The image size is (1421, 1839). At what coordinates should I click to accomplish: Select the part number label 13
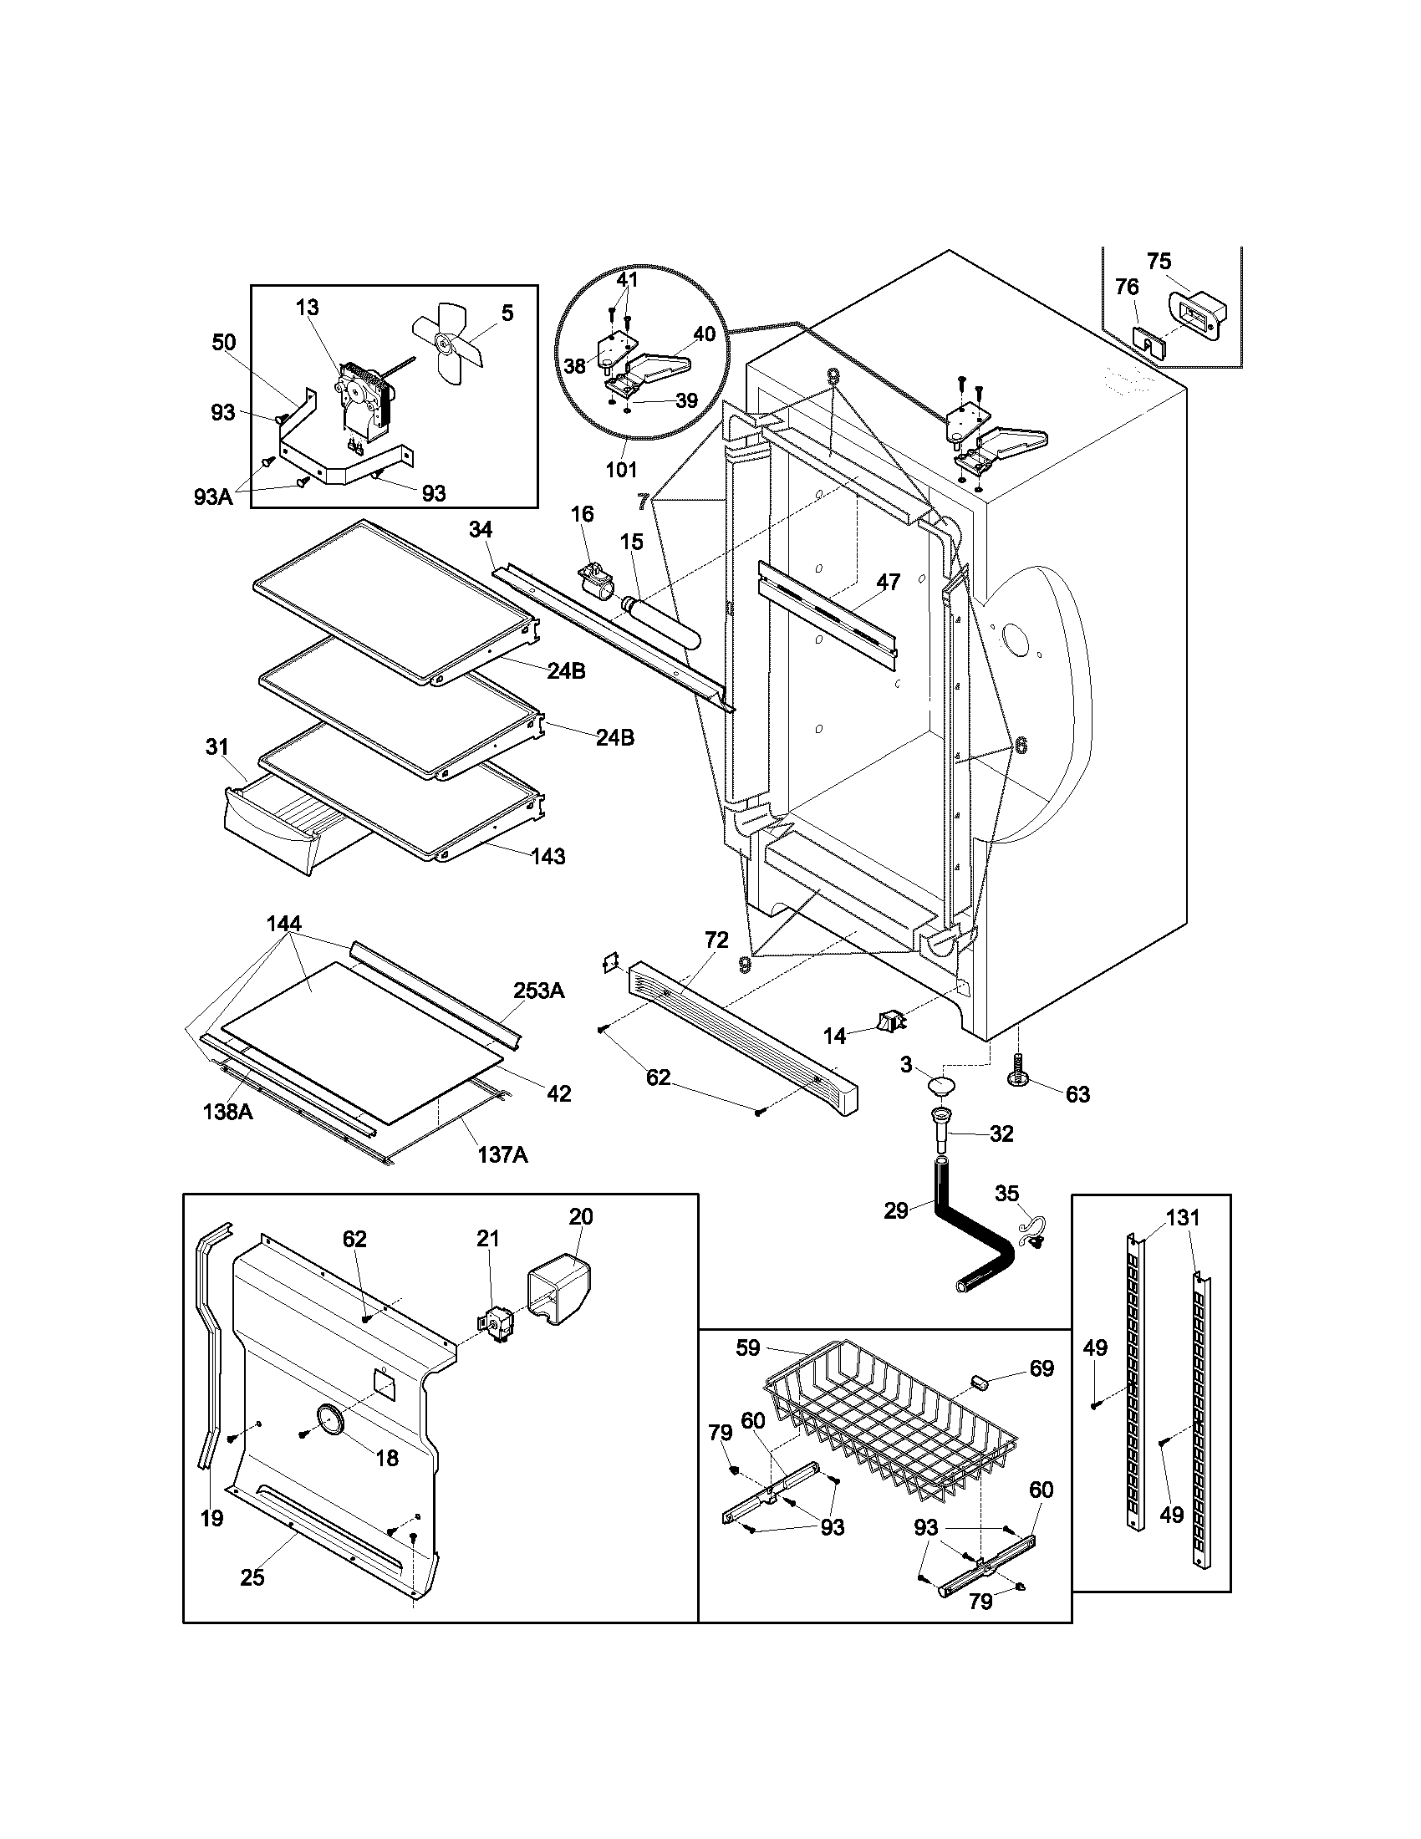click(x=308, y=308)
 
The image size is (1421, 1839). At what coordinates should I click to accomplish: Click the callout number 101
click(x=621, y=470)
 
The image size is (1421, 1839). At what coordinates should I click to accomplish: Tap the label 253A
click(x=539, y=991)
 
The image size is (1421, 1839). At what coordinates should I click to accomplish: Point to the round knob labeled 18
click(x=329, y=1419)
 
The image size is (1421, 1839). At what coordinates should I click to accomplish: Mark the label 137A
click(x=502, y=1154)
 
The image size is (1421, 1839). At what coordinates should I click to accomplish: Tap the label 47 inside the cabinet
click(x=888, y=582)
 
